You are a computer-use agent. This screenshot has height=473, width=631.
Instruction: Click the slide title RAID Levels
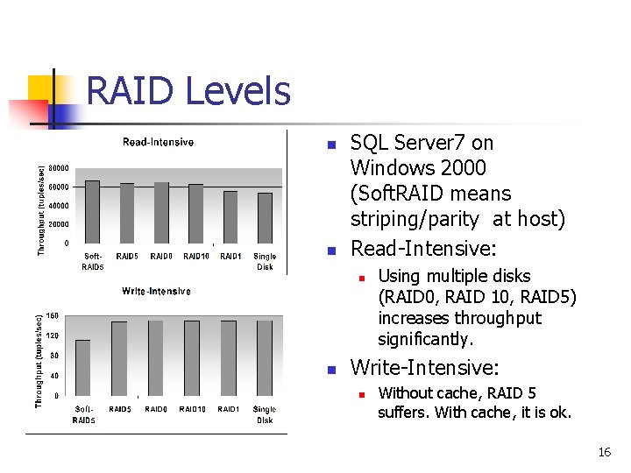coord(188,91)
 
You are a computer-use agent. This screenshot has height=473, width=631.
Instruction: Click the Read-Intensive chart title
coord(158,142)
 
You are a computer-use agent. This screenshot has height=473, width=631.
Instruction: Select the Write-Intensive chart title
coord(157,291)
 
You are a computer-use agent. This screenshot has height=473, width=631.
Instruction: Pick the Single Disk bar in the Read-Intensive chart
coord(265,217)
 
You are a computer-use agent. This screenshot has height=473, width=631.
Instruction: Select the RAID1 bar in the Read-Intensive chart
coord(230,216)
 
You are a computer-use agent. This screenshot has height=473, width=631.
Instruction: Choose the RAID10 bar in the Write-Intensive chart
coord(191,357)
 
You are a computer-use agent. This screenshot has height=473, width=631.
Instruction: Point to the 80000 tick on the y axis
coord(59,168)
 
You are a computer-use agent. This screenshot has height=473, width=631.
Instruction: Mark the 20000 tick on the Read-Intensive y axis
coord(59,224)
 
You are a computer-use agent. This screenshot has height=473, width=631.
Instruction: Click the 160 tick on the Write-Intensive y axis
coord(53,315)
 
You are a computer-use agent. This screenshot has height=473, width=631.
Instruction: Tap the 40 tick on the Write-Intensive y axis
coord(54,376)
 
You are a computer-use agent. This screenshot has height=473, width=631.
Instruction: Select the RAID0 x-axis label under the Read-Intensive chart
coord(160,257)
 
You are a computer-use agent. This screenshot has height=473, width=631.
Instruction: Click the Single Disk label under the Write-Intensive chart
coord(265,414)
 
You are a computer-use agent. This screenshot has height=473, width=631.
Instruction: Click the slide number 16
coord(604,452)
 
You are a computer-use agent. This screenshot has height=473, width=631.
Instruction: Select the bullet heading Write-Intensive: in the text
coord(424,368)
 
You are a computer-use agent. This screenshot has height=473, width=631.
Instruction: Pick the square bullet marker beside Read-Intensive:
coord(330,251)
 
